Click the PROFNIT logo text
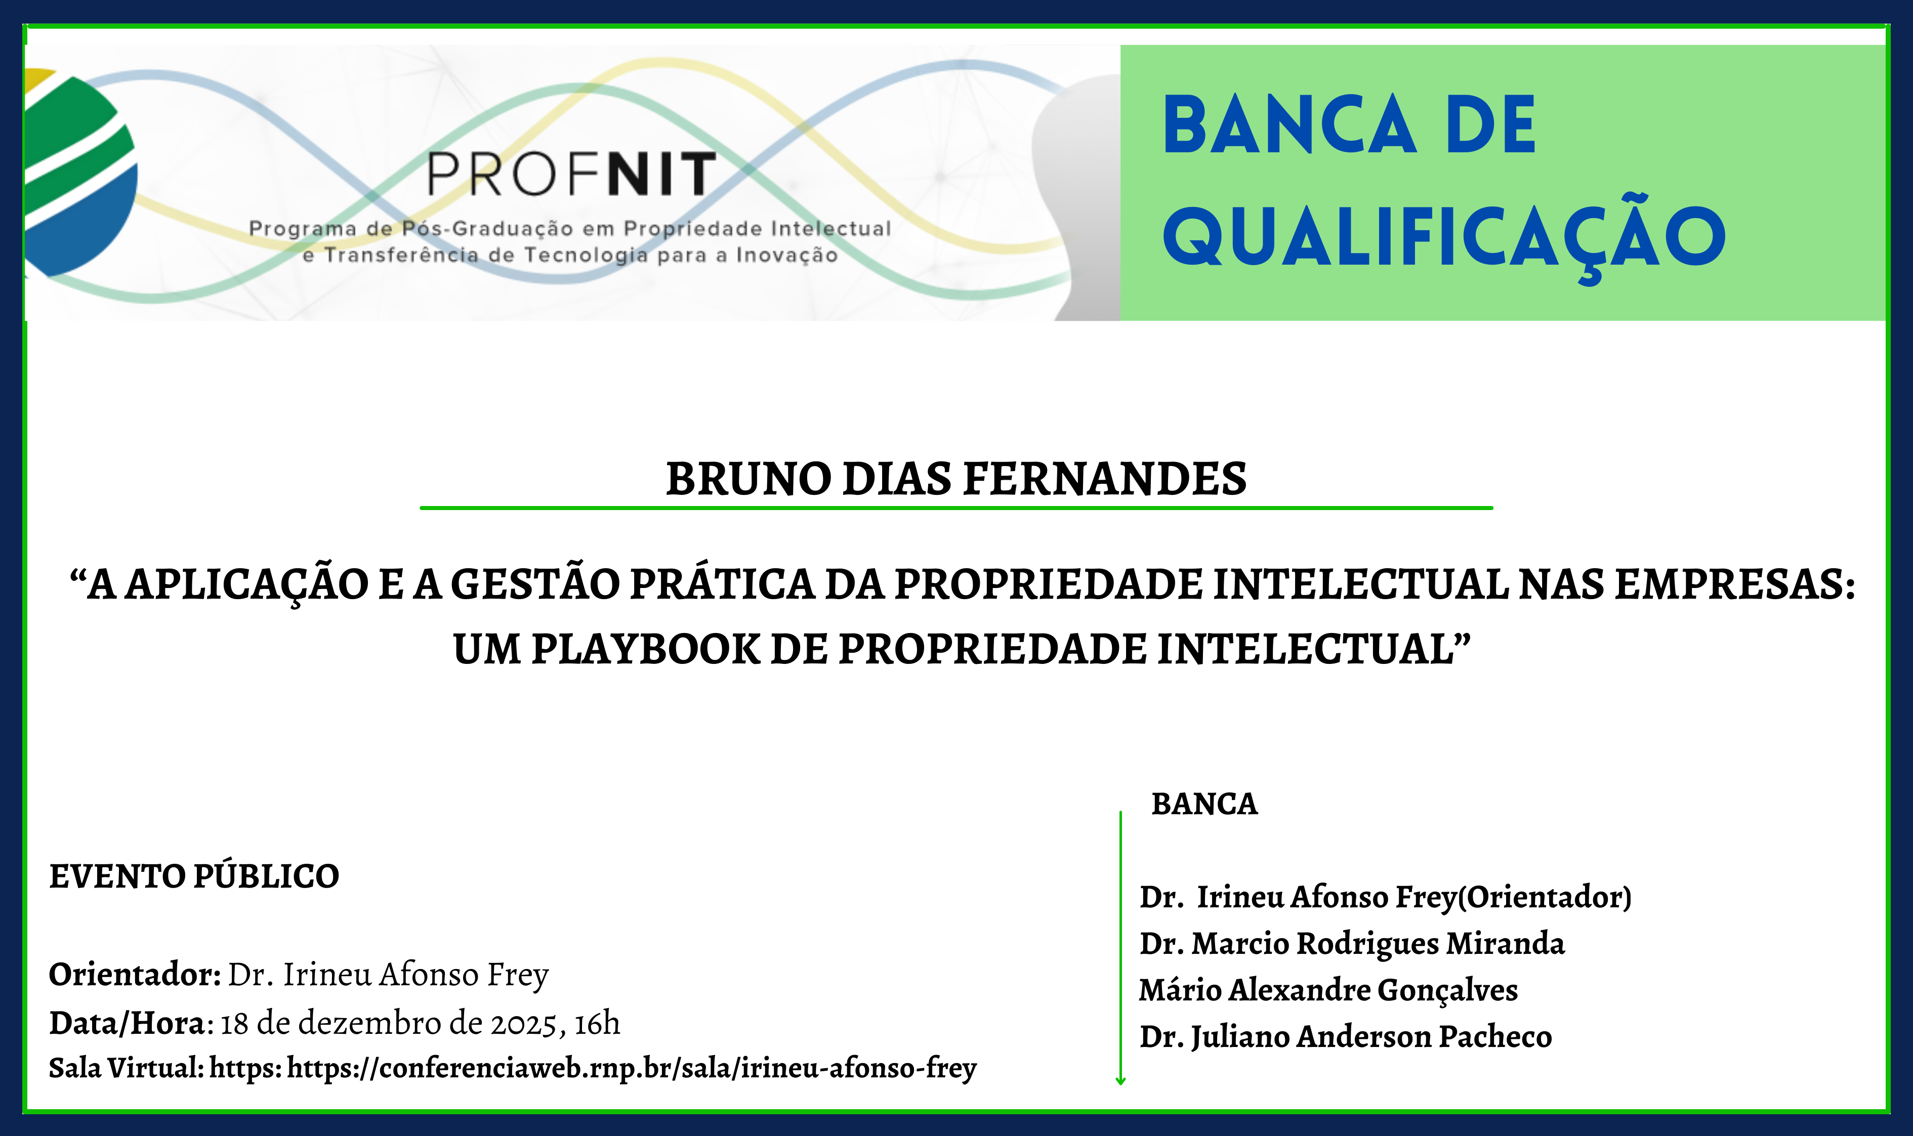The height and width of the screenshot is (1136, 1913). pyautogui.click(x=571, y=174)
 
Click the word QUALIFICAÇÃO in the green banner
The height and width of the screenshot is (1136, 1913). pyautogui.click(x=1444, y=237)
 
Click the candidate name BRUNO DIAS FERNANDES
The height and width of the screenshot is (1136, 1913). pyautogui.click(x=956, y=479)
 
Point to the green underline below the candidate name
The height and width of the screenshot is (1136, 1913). pyautogui.click(x=956, y=508)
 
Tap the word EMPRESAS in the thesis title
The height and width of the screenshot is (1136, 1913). pyautogui.click(x=1735, y=585)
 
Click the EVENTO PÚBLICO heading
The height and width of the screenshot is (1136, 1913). pyautogui.click(x=194, y=876)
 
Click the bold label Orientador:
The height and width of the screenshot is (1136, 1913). pyautogui.click(x=135, y=975)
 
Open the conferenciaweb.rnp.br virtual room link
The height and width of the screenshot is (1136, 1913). pyautogui.click(x=632, y=1068)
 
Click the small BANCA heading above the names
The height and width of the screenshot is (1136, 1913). pyautogui.click(x=1204, y=804)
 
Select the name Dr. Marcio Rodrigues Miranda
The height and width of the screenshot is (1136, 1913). pyautogui.click(x=1352, y=944)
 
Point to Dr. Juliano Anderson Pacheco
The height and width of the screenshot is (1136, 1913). pyautogui.click(x=1346, y=1036)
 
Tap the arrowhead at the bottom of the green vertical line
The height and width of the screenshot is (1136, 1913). pyautogui.click(x=1120, y=1081)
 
